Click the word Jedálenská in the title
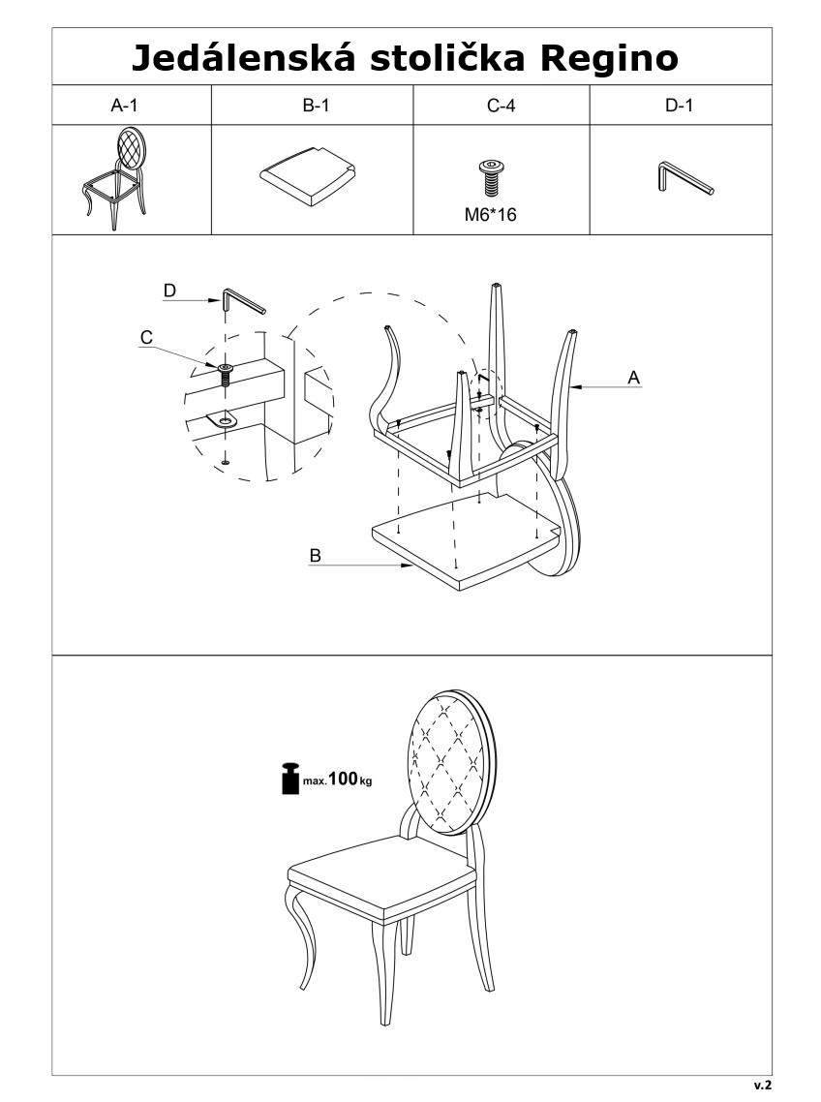[242, 58]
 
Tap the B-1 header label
[316, 106]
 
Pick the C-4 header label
[502, 106]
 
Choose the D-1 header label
[679, 106]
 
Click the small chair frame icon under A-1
[114, 178]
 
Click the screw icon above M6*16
[490, 178]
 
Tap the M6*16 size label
[490, 215]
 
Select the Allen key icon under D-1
[686, 177]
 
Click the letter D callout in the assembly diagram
[169, 291]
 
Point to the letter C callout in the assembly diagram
[146, 337]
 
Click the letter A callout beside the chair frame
[634, 378]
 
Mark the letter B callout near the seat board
[315, 555]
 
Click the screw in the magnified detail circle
[225, 375]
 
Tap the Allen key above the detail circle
[243, 301]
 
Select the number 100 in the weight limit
[343, 778]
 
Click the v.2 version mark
[763, 1086]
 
